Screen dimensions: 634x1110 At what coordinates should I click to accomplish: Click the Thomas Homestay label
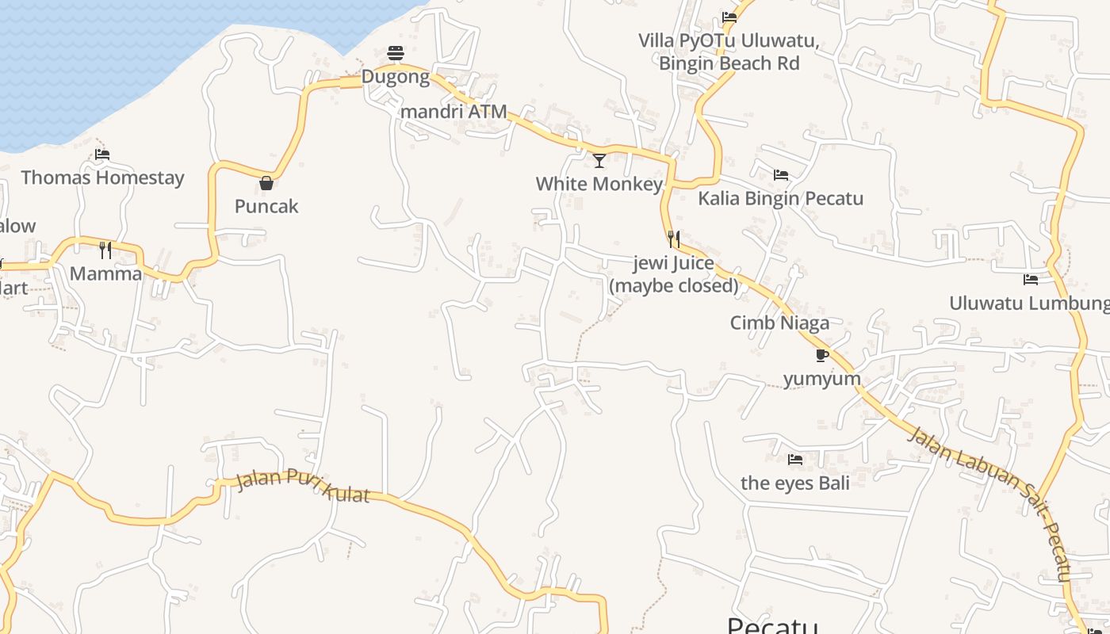pos(102,178)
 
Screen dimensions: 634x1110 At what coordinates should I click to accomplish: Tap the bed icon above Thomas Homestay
pos(102,155)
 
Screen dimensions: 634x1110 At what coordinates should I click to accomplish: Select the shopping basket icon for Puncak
pos(266,183)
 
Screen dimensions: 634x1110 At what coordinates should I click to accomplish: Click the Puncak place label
pos(266,206)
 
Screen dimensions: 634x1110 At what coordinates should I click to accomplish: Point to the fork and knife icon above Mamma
pos(105,250)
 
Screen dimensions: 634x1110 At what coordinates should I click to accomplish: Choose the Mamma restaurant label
pos(105,274)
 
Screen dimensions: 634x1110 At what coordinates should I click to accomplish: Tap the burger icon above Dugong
pos(396,53)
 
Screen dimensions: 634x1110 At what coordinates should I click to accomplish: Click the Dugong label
pos(396,77)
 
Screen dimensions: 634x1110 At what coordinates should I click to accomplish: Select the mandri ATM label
pos(454,112)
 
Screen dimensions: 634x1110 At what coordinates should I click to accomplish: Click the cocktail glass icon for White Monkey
pos(599,161)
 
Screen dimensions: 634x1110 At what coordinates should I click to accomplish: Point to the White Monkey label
pos(599,184)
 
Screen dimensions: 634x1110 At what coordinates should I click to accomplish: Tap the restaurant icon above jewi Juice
pos(674,239)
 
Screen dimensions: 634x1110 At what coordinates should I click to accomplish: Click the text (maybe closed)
pos(674,285)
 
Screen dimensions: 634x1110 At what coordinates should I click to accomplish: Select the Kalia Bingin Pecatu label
pos(780,198)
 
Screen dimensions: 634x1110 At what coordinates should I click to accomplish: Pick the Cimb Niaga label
pos(779,323)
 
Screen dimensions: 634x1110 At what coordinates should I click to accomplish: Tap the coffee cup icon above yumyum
pos(822,355)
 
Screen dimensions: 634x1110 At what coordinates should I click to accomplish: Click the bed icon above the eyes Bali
pos(795,460)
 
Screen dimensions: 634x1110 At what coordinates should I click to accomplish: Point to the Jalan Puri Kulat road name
pos(303,484)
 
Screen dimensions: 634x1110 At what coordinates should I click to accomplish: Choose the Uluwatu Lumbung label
pos(1029,303)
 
